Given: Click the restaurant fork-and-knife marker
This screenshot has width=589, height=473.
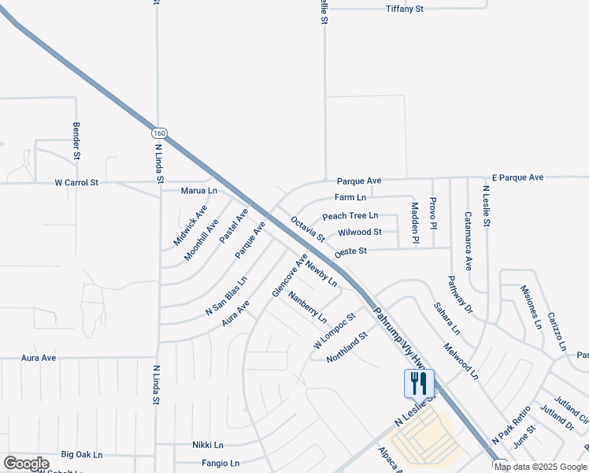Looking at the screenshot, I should click(419, 384).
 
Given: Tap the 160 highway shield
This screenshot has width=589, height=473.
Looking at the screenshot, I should click(160, 133).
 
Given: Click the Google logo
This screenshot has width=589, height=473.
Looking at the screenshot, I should click(26, 464).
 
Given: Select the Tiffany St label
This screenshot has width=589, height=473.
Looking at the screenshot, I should click(405, 9).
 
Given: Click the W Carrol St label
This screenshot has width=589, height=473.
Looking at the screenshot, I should click(76, 182).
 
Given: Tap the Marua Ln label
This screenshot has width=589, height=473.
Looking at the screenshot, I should click(198, 191).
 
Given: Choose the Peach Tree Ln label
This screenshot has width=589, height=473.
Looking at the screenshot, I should click(350, 216).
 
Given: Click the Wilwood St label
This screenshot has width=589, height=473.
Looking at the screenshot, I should click(360, 233).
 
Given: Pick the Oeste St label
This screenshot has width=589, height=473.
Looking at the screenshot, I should click(351, 251).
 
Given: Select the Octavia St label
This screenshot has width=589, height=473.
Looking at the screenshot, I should click(308, 229).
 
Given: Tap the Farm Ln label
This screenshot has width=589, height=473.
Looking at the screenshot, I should click(350, 198).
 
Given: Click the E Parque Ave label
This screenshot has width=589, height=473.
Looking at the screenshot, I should click(517, 177).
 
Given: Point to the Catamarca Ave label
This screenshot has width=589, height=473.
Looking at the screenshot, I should click(468, 241).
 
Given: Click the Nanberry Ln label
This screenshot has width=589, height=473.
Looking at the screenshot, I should click(308, 308).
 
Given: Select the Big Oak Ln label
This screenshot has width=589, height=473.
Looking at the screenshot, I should click(82, 455).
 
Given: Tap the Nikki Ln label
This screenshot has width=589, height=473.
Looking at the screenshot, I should click(208, 445).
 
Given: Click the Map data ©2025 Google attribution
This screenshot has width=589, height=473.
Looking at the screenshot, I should click(541, 467).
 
